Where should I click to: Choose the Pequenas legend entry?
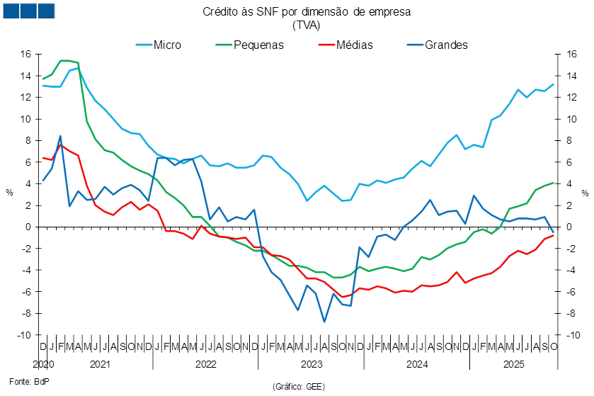(249, 45)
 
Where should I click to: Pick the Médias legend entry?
(346, 45)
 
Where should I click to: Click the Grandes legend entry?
(439, 45)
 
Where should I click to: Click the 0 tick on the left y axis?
(29, 227)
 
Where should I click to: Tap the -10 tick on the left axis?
(25, 335)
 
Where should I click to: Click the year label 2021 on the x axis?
(100, 364)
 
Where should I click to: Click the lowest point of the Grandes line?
(324, 322)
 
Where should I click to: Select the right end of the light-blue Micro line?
(554, 84)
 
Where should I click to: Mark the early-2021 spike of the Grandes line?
(60, 136)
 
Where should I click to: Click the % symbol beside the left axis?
(10, 193)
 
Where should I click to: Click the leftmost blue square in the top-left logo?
(11, 11)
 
